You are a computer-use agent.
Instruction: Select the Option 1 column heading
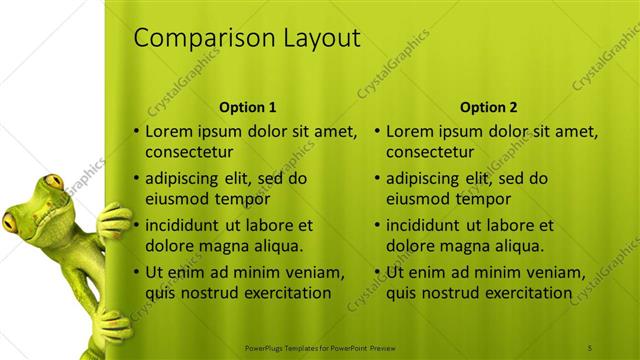tap(247, 107)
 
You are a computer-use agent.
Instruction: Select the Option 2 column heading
tap(487, 107)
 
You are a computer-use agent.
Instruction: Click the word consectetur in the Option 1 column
tap(189, 153)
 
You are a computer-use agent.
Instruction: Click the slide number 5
tap(591, 347)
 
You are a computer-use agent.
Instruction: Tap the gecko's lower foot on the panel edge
tap(110, 325)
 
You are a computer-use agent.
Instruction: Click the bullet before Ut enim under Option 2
tap(378, 272)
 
